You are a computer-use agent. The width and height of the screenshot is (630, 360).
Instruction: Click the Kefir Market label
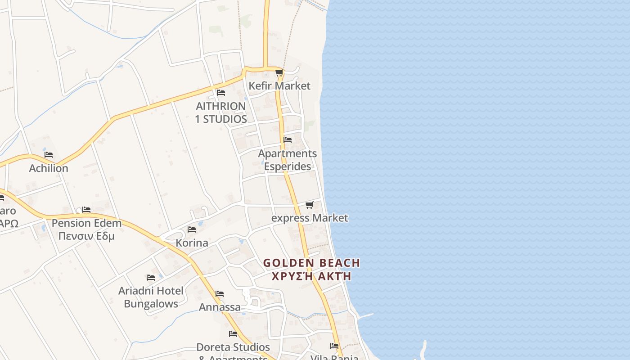click(x=279, y=85)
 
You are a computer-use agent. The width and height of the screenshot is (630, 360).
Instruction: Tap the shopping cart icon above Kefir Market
click(x=279, y=72)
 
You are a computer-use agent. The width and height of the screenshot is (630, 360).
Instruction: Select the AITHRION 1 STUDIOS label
click(x=221, y=112)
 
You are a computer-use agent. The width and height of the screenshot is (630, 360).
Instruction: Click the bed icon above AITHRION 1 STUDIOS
click(x=220, y=93)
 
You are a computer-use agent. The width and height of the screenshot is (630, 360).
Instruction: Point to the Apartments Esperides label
click(x=287, y=160)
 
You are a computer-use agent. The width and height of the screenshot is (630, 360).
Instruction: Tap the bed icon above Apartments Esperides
click(x=288, y=140)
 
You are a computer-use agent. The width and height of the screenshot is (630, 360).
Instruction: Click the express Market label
click(x=310, y=218)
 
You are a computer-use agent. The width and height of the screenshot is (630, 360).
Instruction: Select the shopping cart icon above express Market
click(x=309, y=205)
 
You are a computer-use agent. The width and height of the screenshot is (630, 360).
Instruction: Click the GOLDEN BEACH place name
click(x=311, y=263)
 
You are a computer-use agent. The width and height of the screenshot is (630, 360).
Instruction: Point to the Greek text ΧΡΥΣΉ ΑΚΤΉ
click(x=311, y=276)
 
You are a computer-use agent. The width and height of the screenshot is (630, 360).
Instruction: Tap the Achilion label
click(x=49, y=168)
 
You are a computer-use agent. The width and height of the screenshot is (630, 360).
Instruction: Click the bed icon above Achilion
click(x=49, y=155)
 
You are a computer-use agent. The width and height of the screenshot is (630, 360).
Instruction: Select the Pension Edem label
click(x=86, y=223)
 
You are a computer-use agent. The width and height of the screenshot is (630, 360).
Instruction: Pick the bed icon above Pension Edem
click(x=86, y=210)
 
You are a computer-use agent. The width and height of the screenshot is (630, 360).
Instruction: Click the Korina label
click(x=192, y=243)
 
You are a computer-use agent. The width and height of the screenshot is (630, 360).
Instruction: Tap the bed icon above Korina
click(x=192, y=229)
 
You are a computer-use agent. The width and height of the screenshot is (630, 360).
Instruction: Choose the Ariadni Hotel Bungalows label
click(x=151, y=297)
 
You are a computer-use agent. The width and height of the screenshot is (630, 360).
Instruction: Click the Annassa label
click(x=220, y=307)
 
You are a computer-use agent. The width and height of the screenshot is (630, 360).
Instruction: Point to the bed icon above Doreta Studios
click(x=233, y=334)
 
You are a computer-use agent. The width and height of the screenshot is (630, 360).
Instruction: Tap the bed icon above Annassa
click(x=220, y=294)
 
